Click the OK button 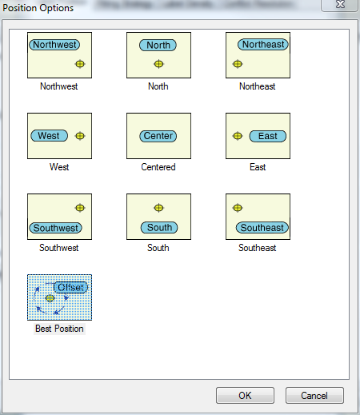click(245, 396)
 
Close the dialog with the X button click(340, 5)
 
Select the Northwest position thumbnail click(59, 55)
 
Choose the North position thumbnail click(158, 55)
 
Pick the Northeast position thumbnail click(258, 55)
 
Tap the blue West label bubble click(49, 136)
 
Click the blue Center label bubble click(158, 136)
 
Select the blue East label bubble click(268, 136)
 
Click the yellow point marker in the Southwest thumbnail click(80, 208)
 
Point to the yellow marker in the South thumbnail click(158, 208)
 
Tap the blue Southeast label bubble click(262, 228)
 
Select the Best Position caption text click(59, 329)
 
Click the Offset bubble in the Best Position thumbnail click(70, 287)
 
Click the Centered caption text click(158, 167)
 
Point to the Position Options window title click(38, 8)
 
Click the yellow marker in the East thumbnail click(238, 136)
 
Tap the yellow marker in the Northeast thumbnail click(238, 64)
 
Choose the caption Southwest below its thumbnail click(59, 248)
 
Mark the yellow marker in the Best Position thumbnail click(50, 298)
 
